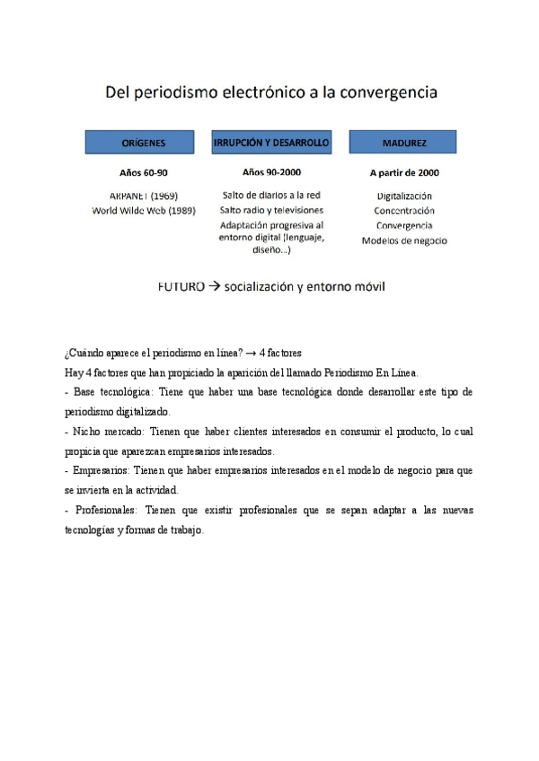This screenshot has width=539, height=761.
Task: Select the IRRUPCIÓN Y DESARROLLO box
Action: [x=271, y=143]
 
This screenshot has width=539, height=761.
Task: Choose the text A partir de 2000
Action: [x=404, y=172]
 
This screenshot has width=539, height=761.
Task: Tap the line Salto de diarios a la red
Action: [x=271, y=195]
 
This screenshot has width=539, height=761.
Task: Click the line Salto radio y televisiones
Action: [x=271, y=210]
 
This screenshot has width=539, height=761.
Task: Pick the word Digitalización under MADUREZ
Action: [x=404, y=196]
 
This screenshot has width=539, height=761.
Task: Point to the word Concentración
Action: [x=404, y=210]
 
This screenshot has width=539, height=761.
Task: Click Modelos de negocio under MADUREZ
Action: [x=404, y=241]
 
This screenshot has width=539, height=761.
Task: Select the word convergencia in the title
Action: [x=387, y=92]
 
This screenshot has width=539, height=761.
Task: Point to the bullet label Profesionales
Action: [x=103, y=510]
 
